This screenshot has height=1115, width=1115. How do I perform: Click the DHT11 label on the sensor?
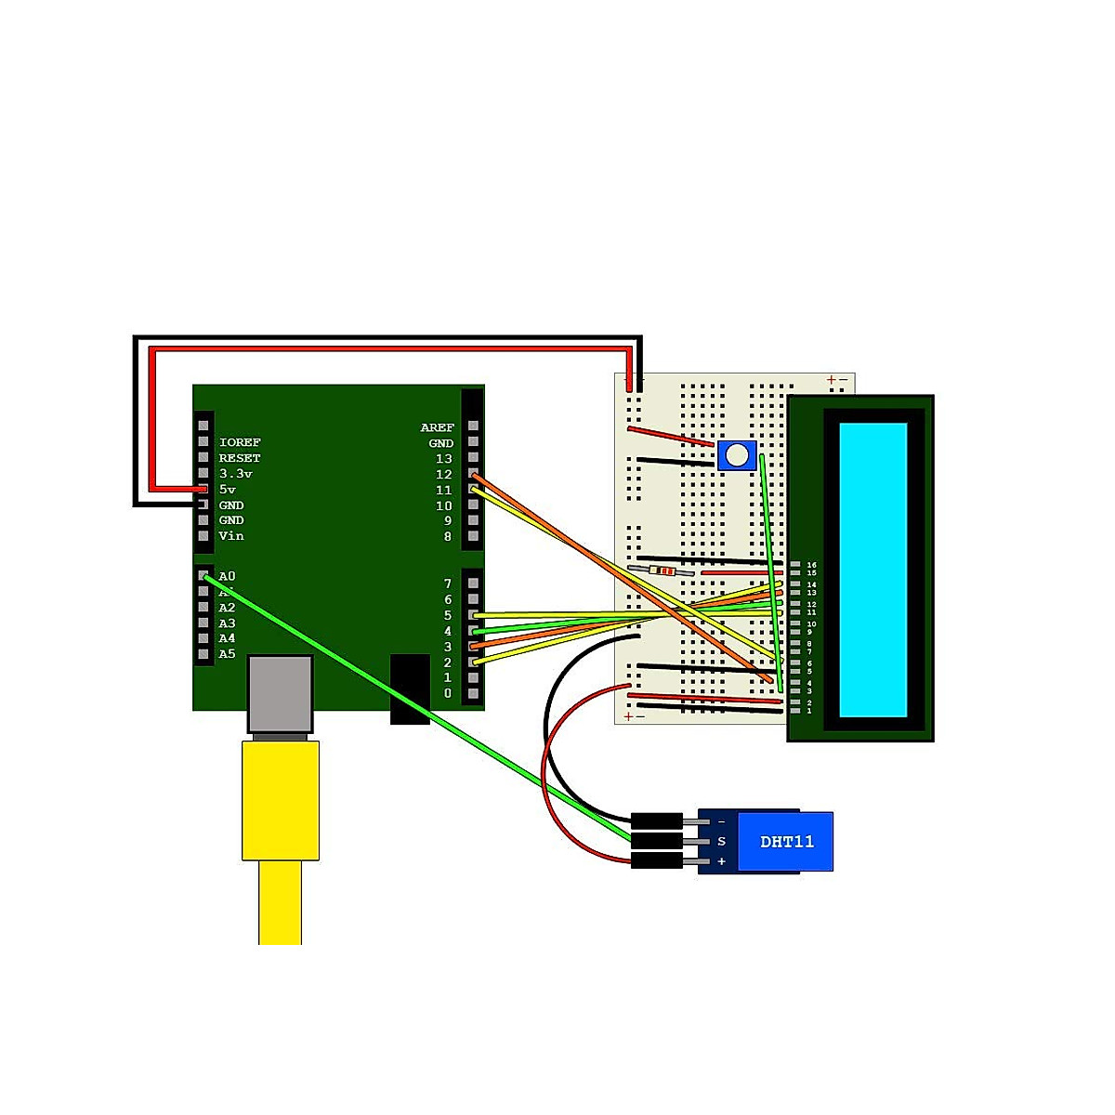pyautogui.click(x=787, y=842)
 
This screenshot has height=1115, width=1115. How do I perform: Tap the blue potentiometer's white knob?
pyautogui.click(x=737, y=455)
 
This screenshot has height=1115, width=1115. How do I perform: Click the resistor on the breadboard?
pyautogui.click(x=662, y=571)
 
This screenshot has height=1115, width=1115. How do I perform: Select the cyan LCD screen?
pyautogui.click(x=872, y=570)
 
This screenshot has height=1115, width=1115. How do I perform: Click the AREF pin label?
pyautogui.click(x=437, y=427)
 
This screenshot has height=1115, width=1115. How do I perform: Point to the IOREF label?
pyautogui.click(x=240, y=442)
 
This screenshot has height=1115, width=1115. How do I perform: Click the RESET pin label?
pyautogui.click(x=240, y=458)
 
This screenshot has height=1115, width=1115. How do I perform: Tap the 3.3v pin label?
pyautogui.click(x=236, y=474)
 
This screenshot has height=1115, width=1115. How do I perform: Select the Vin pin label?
pyautogui.click(x=231, y=536)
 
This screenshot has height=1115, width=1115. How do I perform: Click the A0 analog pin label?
pyautogui.click(x=228, y=576)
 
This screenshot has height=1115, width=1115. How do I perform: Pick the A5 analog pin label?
pyautogui.click(x=228, y=654)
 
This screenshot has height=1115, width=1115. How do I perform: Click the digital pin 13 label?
pyautogui.click(x=444, y=459)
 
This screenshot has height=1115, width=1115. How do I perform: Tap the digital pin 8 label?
pyautogui.click(x=447, y=536)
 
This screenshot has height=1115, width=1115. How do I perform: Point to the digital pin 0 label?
pyautogui.click(x=447, y=693)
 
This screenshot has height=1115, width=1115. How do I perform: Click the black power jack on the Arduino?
pyautogui.click(x=410, y=689)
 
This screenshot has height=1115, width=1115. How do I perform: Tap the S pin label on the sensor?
pyautogui.click(x=721, y=842)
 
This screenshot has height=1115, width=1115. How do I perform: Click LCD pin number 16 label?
pyautogui.click(x=812, y=565)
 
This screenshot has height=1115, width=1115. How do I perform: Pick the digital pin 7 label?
pyautogui.click(x=447, y=584)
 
